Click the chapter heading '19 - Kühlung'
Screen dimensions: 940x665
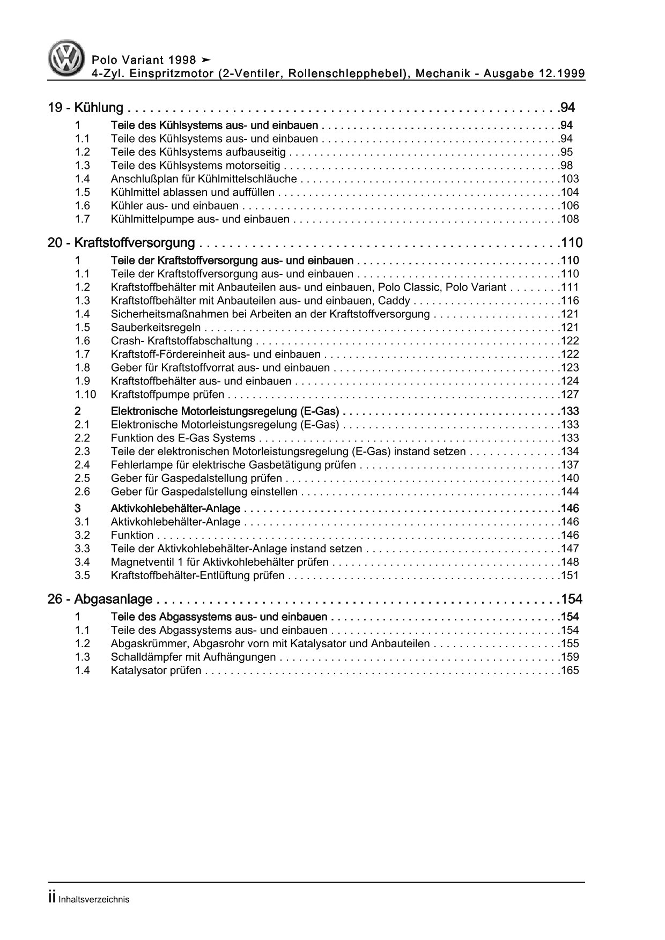[86, 108]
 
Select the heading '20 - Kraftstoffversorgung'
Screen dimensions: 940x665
[121, 243]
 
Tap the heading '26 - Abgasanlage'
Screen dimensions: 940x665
[100, 599]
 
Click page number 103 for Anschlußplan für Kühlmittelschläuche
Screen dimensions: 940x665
[570, 179]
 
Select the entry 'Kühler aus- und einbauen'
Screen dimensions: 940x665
[174, 206]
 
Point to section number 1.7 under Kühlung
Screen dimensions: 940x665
[82, 219]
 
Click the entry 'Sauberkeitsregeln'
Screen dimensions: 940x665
[156, 328]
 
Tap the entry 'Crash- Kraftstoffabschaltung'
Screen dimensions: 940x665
[181, 341]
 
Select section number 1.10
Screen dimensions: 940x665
[85, 395]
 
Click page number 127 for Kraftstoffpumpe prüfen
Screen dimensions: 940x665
[570, 395]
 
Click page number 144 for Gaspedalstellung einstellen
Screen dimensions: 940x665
[570, 492]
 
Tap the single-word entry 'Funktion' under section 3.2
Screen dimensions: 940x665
[132, 535]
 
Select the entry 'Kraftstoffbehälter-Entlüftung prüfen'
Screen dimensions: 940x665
[197, 576]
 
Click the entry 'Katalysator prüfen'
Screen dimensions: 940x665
[156, 670]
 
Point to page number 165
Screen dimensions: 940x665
[570, 670]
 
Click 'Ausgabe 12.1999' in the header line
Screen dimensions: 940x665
[534, 73]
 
